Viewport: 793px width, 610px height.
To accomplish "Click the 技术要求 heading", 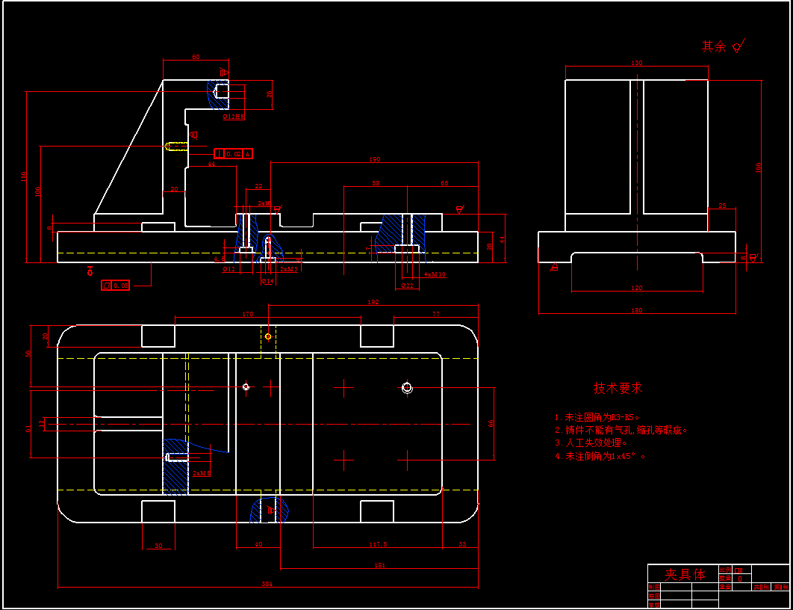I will (x=618, y=388).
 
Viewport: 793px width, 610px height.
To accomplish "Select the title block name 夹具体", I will (x=685, y=574).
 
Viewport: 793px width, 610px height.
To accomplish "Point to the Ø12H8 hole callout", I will (x=234, y=117).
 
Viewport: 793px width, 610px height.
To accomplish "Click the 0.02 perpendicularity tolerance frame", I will (x=234, y=154).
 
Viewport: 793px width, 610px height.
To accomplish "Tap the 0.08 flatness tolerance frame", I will (x=116, y=285).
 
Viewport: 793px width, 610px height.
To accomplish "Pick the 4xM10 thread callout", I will (x=435, y=274).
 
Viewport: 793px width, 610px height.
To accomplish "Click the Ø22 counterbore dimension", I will (x=407, y=286).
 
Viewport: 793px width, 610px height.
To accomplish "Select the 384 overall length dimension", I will (x=267, y=583).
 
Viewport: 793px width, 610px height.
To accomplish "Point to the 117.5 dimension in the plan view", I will (x=378, y=545).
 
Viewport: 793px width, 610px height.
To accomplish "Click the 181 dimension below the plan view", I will (x=379, y=566).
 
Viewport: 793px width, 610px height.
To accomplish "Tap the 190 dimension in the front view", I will (x=375, y=159).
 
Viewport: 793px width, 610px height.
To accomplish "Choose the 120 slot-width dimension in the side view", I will (x=636, y=288).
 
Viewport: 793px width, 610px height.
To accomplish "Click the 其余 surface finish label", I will (x=714, y=46).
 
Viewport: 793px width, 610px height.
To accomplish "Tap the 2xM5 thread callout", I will (x=289, y=269).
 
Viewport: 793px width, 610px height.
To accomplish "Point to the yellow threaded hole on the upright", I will (x=176, y=147).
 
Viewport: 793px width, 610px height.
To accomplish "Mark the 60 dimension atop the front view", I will (x=196, y=57).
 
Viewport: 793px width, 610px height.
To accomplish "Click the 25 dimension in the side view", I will (x=721, y=206).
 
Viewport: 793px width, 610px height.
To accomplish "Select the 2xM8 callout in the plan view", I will (x=202, y=473).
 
